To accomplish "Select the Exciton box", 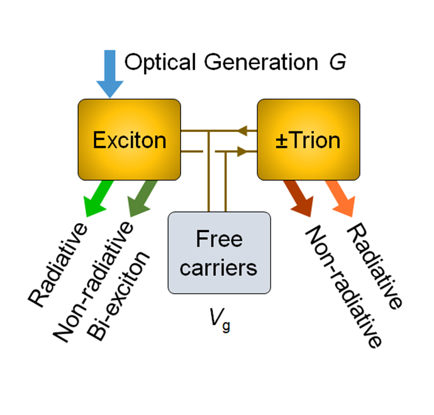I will tap(129, 139).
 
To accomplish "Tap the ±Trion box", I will tap(309, 139).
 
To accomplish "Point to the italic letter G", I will tap(337, 62).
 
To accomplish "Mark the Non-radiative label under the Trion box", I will tap(343, 287).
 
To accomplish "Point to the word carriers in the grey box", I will tap(218, 267).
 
